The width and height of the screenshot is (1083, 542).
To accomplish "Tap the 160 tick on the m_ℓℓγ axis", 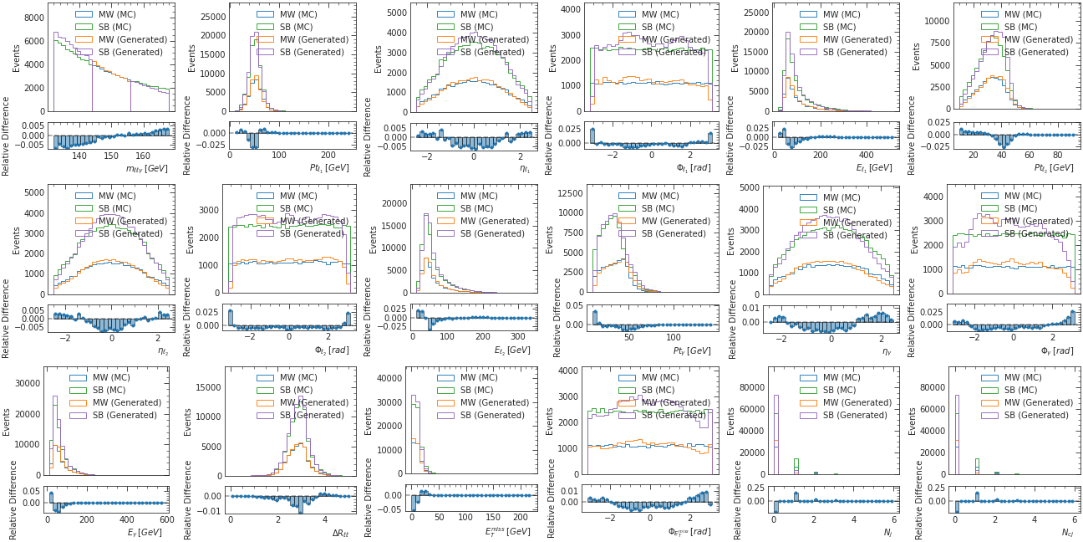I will click(143, 156).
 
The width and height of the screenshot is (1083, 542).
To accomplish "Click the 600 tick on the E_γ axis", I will click(167, 519).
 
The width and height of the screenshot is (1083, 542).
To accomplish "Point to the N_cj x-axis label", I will click(1062, 532).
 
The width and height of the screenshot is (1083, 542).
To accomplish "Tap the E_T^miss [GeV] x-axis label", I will click(507, 531).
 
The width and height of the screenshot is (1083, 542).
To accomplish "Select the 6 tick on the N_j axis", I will click(893, 519).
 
